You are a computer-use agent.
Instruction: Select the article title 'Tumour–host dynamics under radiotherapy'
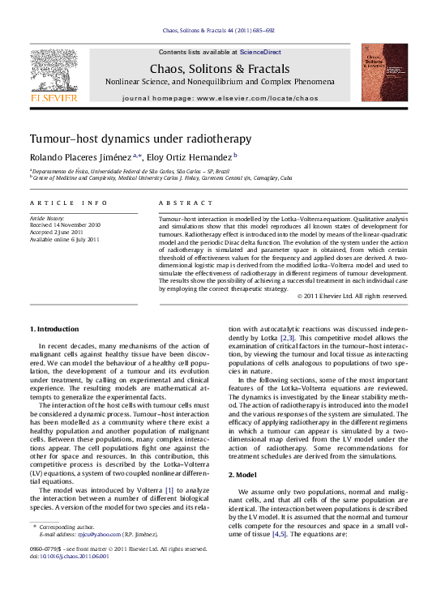pyautogui.click(x=140, y=139)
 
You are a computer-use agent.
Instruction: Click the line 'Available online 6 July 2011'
pyautogui.click(x=65, y=239)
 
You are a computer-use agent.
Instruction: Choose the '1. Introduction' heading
pyautogui.click(x=54, y=329)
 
